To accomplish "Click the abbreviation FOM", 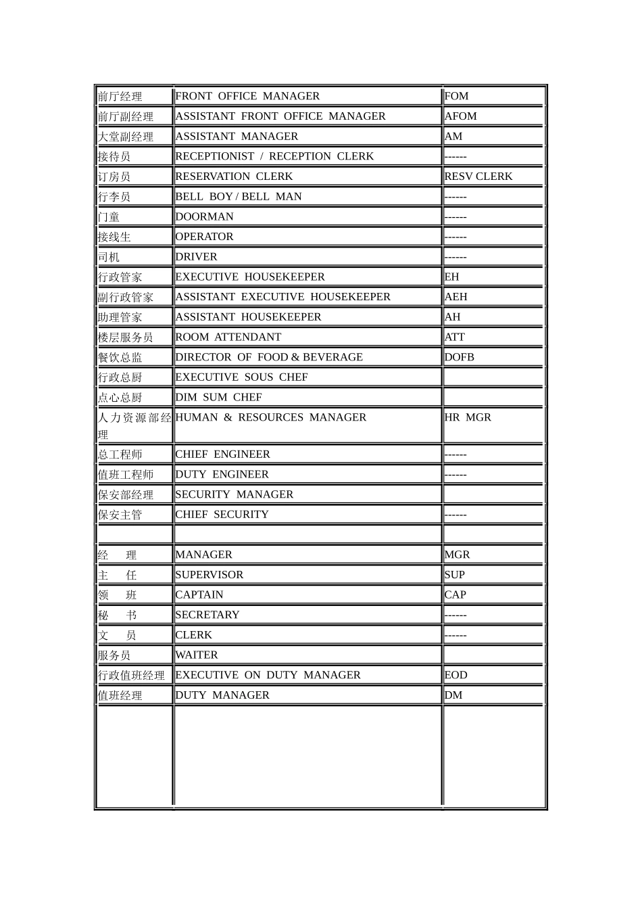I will (456, 96).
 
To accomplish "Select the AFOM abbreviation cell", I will (460, 116).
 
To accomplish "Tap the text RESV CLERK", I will (478, 177).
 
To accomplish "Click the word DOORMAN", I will (204, 216).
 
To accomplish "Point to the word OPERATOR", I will (204, 237).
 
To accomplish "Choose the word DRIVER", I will (196, 257).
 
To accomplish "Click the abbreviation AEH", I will (455, 297).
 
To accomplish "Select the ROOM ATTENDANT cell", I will (228, 337).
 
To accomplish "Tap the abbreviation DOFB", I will (459, 357).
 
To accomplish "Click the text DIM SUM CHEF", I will (218, 397).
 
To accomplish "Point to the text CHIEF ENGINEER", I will (222, 454).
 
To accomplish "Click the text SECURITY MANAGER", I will (234, 494).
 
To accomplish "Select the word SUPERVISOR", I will (209, 575).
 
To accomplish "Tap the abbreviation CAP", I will (455, 595).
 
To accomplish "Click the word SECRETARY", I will (207, 615).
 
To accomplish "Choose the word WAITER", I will (196, 655).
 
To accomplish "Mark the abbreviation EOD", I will (455, 675).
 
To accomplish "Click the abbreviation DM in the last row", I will (453, 695).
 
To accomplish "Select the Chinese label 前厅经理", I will (120, 97).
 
